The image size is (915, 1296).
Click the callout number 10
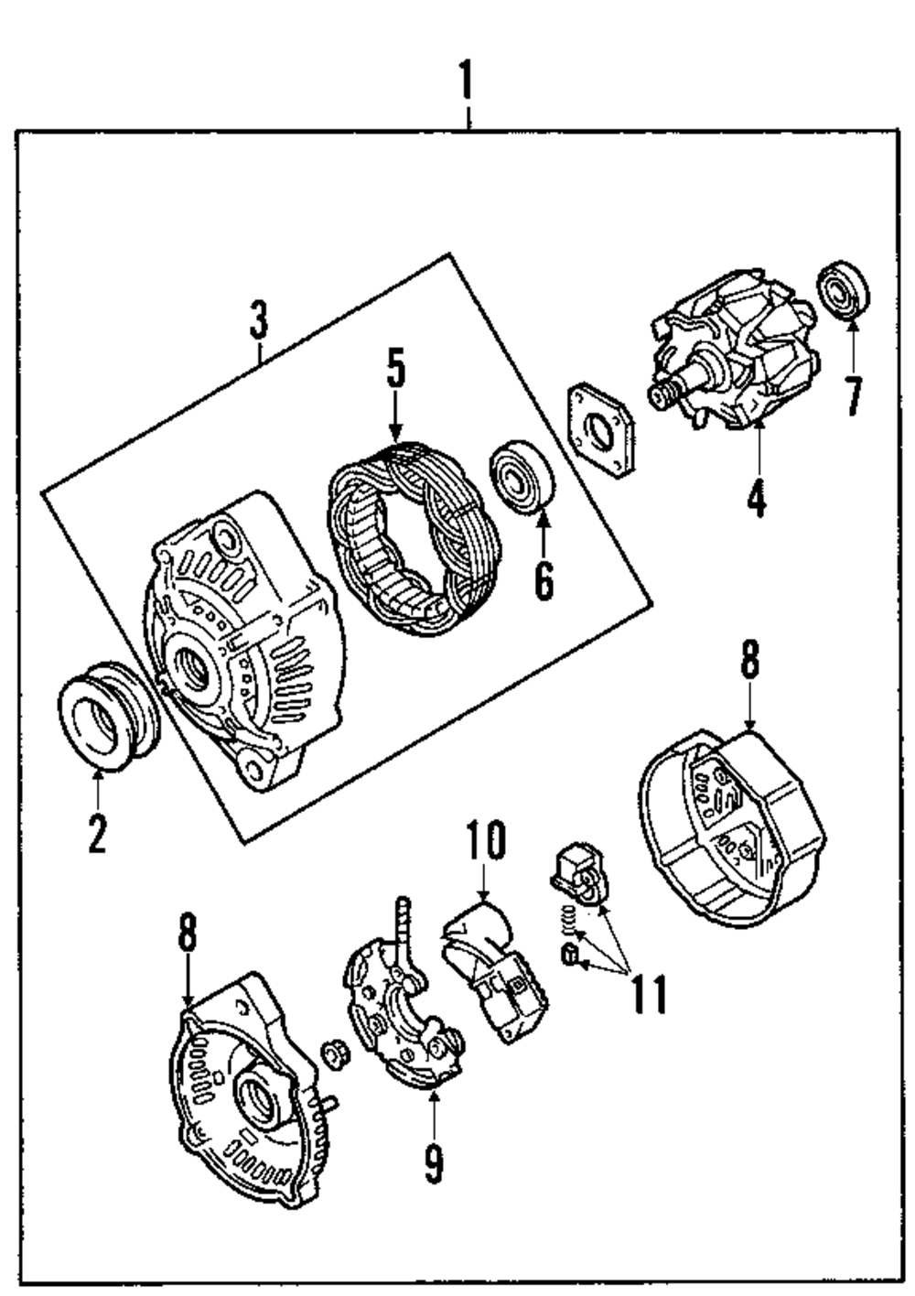[485, 842]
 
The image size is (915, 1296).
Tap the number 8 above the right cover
[749, 661]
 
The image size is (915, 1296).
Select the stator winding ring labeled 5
[416, 540]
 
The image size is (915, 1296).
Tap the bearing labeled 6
[523, 476]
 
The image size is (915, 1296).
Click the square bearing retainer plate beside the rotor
[601, 430]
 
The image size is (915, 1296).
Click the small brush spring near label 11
[567, 915]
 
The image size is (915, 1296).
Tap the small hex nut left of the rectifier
[334, 1053]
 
